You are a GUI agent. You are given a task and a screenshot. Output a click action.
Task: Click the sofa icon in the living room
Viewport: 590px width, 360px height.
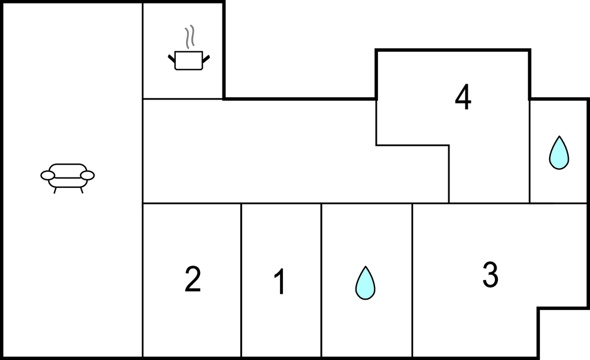tap(67, 178)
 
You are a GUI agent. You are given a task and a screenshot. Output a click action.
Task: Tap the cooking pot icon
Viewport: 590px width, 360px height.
tap(189, 60)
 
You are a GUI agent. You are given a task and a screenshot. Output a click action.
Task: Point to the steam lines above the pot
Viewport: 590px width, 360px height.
tap(190, 37)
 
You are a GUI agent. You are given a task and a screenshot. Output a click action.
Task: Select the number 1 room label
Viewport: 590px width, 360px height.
tap(280, 282)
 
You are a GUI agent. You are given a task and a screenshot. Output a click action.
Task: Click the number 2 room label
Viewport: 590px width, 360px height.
tap(192, 279)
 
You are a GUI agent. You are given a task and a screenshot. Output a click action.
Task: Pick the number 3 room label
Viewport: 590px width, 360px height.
tap(490, 275)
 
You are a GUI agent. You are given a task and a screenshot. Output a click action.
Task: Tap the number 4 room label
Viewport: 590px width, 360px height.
tap(463, 97)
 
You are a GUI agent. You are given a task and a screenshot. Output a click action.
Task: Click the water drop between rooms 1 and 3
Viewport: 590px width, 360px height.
tap(365, 283)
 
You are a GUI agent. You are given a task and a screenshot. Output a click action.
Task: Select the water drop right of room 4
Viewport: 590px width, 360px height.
tap(559, 152)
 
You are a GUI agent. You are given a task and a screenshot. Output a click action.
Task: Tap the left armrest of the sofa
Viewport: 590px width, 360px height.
tap(48, 175)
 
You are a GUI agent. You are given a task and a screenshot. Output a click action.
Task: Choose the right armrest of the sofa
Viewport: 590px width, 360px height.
tap(88, 175)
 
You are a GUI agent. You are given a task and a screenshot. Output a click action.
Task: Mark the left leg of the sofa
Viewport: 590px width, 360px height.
tap(55, 190)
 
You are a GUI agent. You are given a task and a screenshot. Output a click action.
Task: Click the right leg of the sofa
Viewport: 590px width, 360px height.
tap(81, 190)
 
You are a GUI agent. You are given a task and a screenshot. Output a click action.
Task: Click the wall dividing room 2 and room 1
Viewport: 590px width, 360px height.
tap(241, 281)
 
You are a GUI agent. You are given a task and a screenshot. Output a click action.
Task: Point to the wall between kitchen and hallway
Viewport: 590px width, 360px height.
tap(183, 99)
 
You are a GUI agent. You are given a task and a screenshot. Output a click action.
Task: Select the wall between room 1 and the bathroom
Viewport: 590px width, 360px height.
tap(321, 281)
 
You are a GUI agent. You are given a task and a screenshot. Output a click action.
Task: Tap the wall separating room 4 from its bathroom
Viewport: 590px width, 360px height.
tap(530, 151)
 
